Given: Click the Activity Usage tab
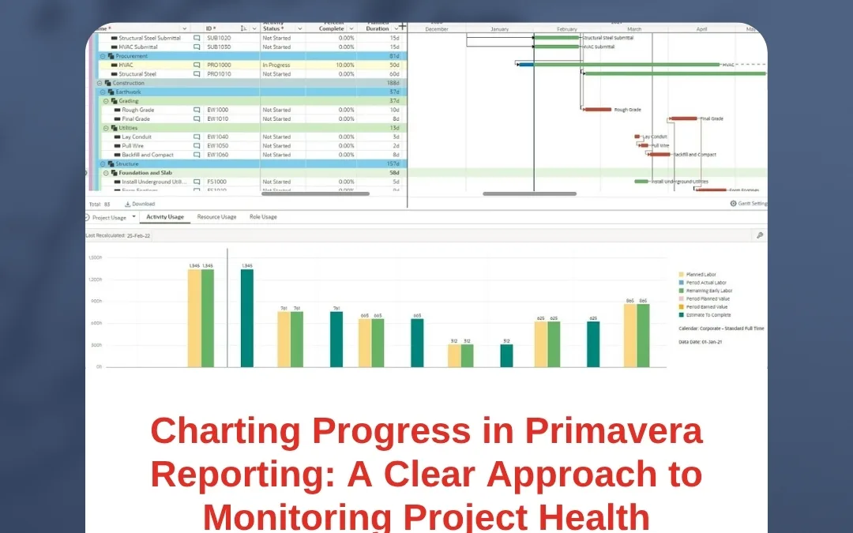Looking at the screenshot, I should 165,216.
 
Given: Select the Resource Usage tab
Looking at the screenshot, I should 216,216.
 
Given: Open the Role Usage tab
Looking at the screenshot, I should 263,216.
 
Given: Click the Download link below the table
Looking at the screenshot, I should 142,204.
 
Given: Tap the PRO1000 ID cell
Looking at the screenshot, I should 219,65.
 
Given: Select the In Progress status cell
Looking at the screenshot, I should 276,65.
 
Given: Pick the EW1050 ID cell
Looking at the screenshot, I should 217,146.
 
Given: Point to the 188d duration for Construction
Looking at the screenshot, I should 393,83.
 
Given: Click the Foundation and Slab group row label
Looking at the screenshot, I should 145,173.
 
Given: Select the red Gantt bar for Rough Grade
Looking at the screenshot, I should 597,110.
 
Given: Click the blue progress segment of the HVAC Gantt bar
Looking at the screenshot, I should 526,65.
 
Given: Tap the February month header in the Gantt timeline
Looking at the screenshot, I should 567,29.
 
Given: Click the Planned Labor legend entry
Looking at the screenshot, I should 700,274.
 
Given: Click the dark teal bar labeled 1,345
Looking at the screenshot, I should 247,318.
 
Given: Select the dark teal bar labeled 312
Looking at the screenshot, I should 506,355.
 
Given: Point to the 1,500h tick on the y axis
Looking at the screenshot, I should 95,258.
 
